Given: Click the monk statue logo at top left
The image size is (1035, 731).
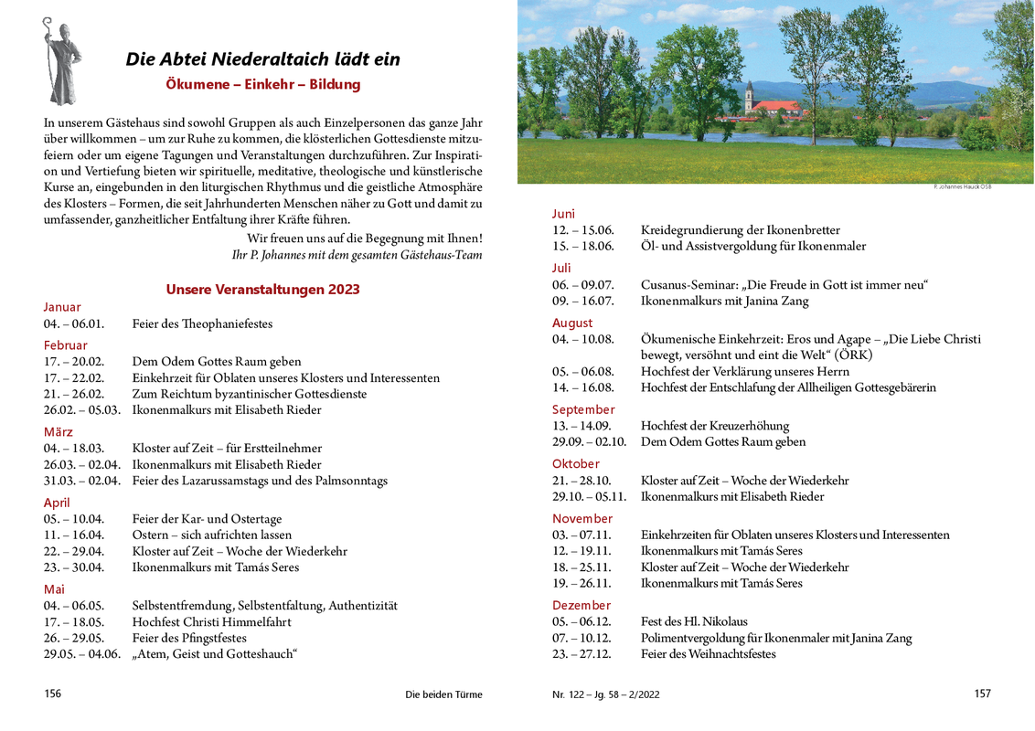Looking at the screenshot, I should click(61, 61).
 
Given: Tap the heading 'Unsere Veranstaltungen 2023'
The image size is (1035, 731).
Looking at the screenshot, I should click(262, 290).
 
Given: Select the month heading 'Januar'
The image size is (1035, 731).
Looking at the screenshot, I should click(62, 307).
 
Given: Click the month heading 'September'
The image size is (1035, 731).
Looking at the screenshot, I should click(583, 409).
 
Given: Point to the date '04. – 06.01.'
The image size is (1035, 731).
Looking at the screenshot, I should click(74, 323).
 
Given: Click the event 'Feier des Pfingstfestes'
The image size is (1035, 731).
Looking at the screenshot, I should click(189, 638).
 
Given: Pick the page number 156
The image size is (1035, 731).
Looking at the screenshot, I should click(53, 694).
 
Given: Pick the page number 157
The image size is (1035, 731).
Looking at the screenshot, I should click(982, 694).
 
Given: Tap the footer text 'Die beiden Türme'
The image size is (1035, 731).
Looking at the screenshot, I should click(443, 694).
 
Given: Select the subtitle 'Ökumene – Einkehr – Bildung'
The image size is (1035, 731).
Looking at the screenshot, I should click(263, 84).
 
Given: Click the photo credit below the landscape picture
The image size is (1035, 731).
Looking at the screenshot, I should click(963, 186).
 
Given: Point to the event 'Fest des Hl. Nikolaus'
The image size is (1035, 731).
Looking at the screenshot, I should click(695, 621).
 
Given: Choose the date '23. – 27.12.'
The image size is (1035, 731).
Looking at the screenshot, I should click(582, 654).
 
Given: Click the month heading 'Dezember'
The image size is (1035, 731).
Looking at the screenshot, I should click(581, 605).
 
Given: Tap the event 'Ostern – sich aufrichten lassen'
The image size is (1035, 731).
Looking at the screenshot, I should click(212, 535).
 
